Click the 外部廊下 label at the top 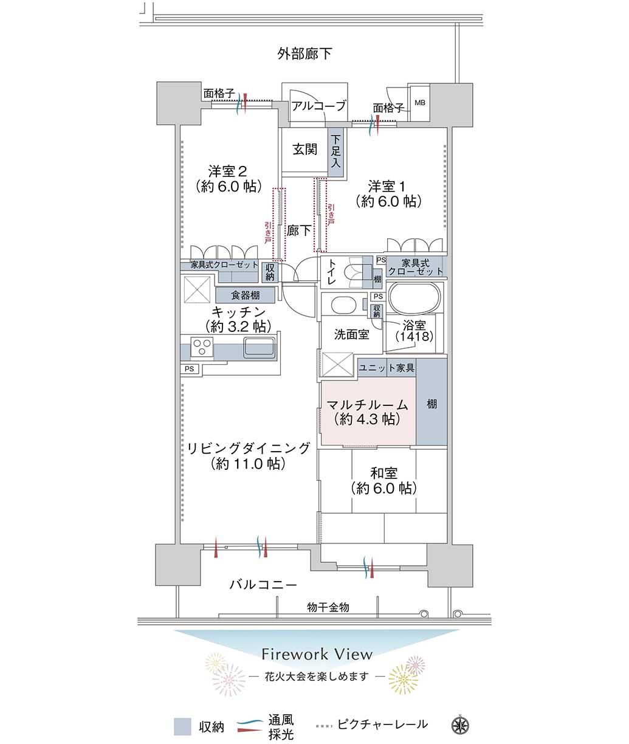[x=304, y=54]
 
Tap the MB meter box [x=419, y=103]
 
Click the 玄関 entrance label [x=305, y=149]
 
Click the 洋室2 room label [x=228, y=171]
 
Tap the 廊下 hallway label [x=298, y=230]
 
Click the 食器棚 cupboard [x=245, y=295]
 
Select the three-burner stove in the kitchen [x=202, y=347]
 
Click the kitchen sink [x=259, y=346]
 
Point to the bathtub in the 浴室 [x=415, y=298]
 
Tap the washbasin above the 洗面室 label [x=343, y=305]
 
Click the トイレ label [x=332, y=272]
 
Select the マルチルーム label [x=367, y=405]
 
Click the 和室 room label [x=384, y=474]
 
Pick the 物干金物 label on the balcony [x=328, y=607]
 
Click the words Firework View [x=317, y=654]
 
